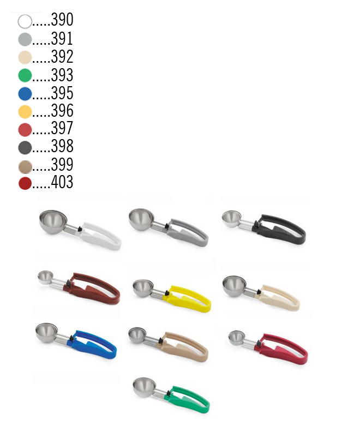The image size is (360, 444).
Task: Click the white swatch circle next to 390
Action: click(25, 22)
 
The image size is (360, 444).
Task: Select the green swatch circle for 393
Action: click(25, 75)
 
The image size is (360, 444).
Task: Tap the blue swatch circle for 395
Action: click(25, 93)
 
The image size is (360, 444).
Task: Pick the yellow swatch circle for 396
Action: click(25, 111)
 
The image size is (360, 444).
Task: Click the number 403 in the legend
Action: click(62, 183)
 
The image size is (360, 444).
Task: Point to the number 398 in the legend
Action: click(62, 147)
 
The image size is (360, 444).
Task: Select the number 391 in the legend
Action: click(62, 39)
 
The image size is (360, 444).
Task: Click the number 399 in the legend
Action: click(62, 165)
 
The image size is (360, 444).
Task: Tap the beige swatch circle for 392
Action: click(25, 57)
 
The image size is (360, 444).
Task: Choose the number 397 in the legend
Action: click(62, 129)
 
